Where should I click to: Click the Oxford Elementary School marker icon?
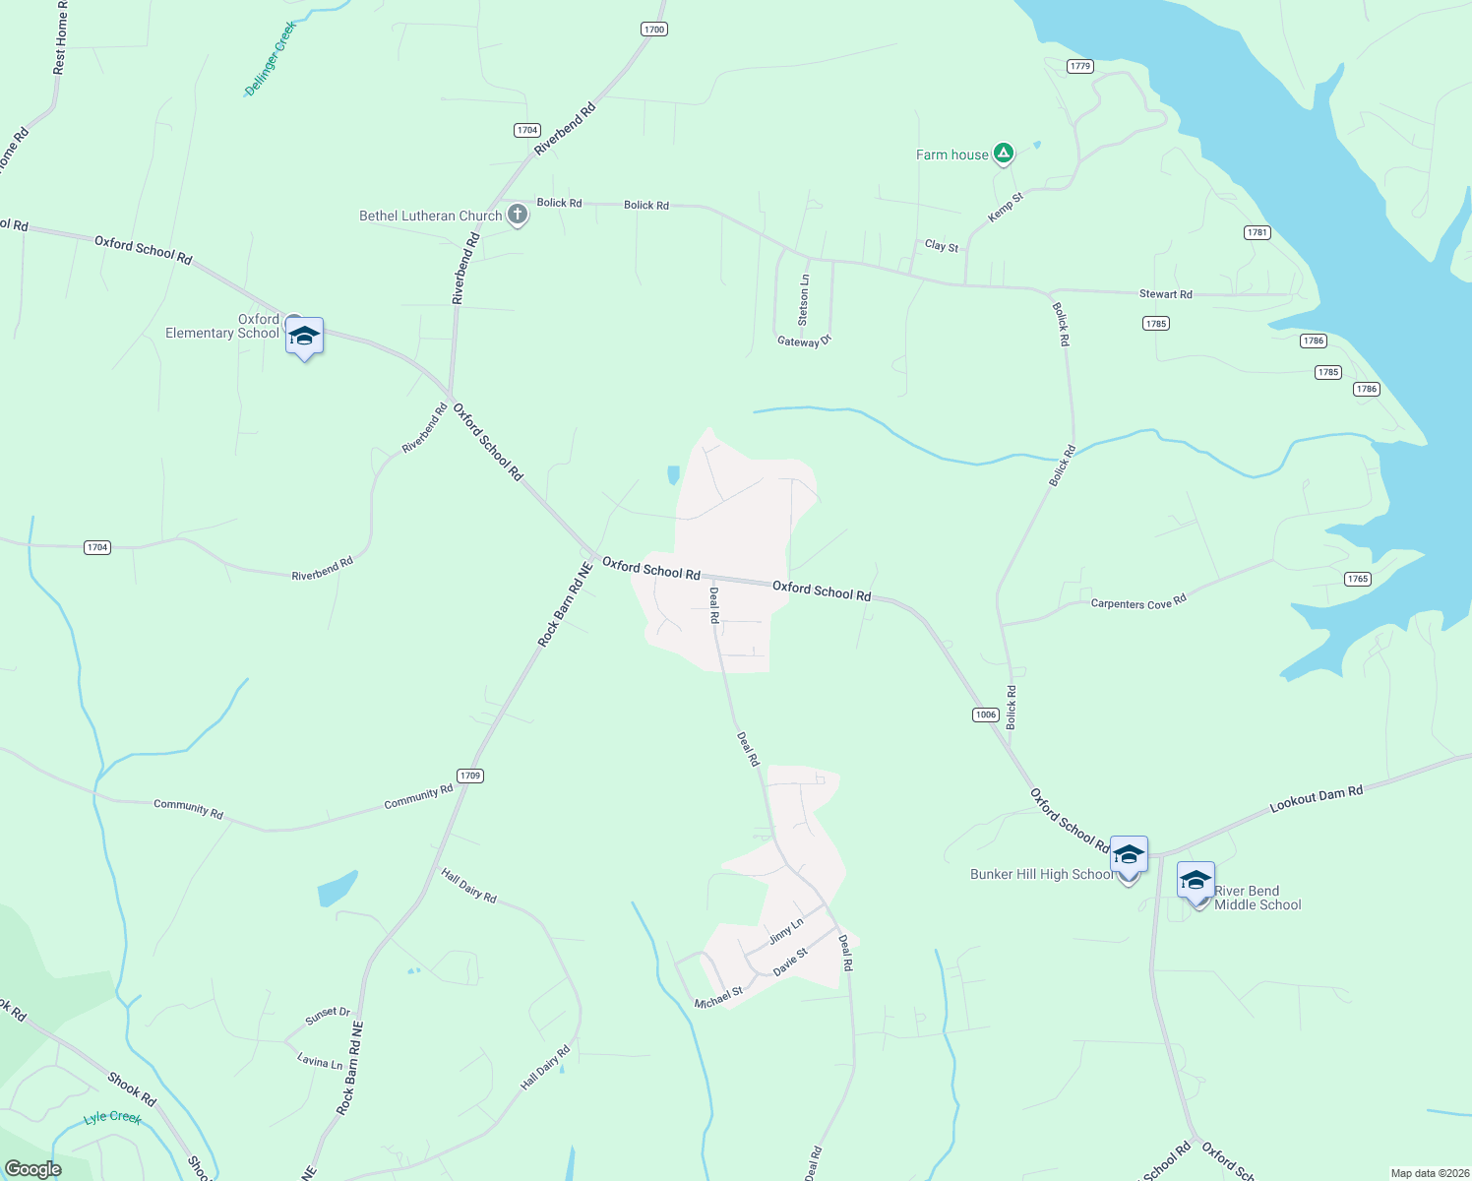click(x=304, y=337)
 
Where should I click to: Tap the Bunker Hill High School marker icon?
click(x=1129, y=854)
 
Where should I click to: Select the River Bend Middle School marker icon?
click(x=1196, y=880)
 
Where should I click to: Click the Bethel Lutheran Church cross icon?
click(x=518, y=215)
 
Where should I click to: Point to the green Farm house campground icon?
click(x=1003, y=153)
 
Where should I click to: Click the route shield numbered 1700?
click(x=654, y=30)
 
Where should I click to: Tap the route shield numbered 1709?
click(x=470, y=776)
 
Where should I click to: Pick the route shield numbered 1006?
click(x=986, y=715)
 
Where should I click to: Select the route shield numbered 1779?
click(x=1080, y=66)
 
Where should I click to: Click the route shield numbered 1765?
click(x=1358, y=579)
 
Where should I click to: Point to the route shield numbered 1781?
click(x=1257, y=232)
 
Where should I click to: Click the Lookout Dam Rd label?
click(x=1316, y=798)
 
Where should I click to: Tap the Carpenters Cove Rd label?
click(x=1138, y=602)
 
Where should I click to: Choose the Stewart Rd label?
click(x=1165, y=294)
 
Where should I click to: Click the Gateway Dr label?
click(x=804, y=342)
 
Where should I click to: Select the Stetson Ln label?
click(x=804, y=300)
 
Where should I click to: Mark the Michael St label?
click(x=718, y=998)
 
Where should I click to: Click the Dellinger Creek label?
click(x=270, y=59)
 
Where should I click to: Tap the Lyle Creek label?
click(x=112, y=1117)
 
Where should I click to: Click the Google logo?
click(x=33, y=1168)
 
